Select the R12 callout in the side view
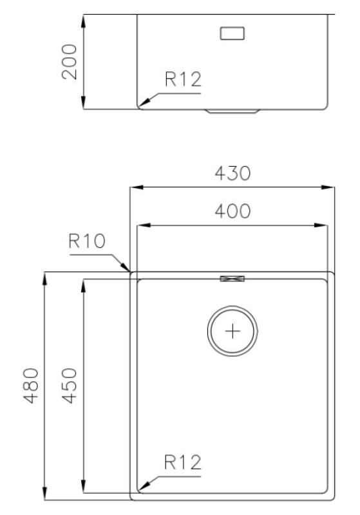(183, 80)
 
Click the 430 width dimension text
(232, 174)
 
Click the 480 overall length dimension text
(31, 384)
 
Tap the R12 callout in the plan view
(182, 462)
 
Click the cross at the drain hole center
(232, 332)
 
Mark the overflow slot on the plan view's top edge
(232, 278)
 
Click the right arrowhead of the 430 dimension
(330, 188)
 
